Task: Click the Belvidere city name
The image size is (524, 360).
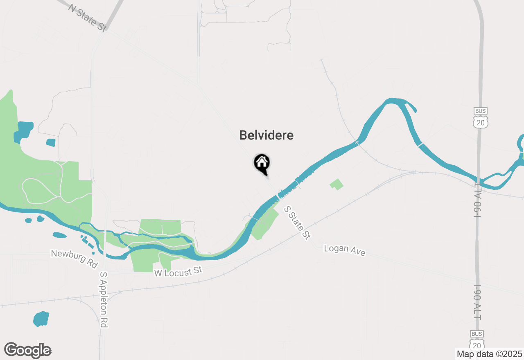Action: (266, 135)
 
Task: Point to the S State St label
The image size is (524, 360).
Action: (297, 223)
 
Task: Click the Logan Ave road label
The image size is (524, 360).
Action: (344, 250)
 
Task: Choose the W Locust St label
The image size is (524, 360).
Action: (178, 272)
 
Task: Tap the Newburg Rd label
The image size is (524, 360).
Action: (74, 259)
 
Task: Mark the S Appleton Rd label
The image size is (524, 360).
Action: (104, 299)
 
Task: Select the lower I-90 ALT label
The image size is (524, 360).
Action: (477, 302)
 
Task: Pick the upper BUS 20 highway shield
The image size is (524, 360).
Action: (480, 118)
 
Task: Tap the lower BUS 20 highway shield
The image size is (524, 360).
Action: (477, 340)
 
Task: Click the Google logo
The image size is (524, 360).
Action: (27, 351)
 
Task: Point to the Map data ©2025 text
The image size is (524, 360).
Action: (489, 354)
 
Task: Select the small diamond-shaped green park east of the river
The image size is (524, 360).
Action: (337, 184)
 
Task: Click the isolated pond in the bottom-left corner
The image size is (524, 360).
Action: (41, 319)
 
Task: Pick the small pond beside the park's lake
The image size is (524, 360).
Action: (51, 142)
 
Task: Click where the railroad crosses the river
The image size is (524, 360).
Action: (357, 142)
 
